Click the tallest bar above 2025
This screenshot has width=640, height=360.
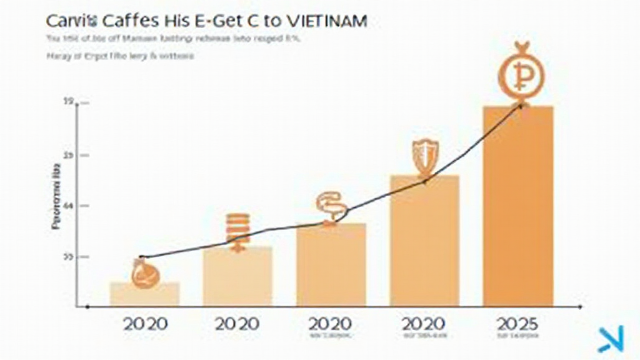coord(518,206)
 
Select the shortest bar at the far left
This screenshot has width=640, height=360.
coord(144,294)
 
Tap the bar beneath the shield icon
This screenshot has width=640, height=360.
coord(424,241)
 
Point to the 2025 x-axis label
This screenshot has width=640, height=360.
coord(518,324)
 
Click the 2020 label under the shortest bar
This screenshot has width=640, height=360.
coord(144,324)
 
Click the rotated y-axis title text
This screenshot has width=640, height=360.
coord(56,196)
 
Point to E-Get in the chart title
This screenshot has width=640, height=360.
coord(222,20)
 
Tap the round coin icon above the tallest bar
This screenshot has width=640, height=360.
coord(521,74)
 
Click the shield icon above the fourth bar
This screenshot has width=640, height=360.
coord(425,156)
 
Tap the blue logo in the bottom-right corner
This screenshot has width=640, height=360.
coord(608,339)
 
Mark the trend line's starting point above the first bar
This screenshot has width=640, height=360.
coord(142,257)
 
